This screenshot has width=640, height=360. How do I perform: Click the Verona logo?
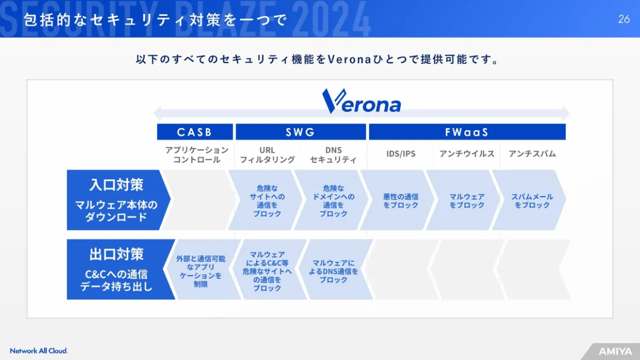point(361,101)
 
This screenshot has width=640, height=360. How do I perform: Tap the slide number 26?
point(623,19)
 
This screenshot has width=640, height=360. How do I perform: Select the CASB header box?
point(195,132)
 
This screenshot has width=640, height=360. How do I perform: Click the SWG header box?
point(301,132)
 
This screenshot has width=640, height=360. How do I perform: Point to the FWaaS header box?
point(467,132)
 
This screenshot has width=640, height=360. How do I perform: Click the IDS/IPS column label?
point(401,154)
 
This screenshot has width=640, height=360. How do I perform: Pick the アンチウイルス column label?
point(467,154)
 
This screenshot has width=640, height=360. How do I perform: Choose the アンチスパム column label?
point(532,154)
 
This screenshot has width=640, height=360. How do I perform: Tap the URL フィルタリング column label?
point(268,155)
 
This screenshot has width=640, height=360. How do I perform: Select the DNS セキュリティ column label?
point(333,155)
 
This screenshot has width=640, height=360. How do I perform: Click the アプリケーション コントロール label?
point(197,155)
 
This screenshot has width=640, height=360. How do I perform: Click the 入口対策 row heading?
point(116,185)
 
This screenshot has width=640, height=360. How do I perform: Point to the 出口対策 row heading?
point(116,254)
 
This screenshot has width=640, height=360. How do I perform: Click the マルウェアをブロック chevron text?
point(467,201)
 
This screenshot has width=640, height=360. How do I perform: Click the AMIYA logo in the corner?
point(615,351)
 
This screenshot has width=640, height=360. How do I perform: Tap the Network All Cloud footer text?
point(39,351)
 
